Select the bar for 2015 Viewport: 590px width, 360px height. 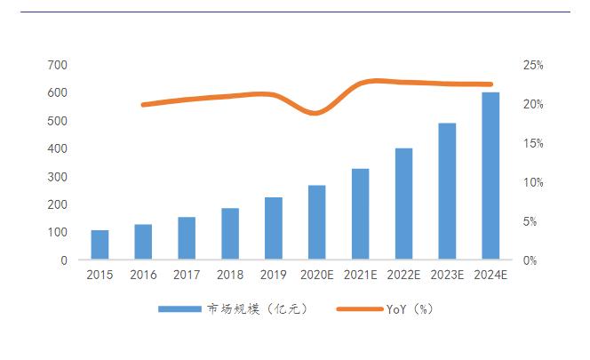(100, 245)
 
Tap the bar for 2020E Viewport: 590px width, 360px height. (317, 223)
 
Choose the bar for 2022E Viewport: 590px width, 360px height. (403, 204)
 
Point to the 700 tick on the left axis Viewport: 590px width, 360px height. (57, 65)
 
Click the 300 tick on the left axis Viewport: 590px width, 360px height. (57, 177)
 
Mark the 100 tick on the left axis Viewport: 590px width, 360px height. (57, 232)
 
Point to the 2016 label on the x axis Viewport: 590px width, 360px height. (143, 276)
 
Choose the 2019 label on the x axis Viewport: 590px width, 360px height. (274, 276)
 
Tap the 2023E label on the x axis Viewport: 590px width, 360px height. (447, 276)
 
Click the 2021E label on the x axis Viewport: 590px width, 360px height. (360, 276)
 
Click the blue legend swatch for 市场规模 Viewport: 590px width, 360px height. (180, 309)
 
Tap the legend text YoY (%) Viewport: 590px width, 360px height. (410, 309)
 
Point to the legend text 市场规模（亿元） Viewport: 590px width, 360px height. (256, 309)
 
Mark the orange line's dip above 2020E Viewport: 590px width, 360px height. (317, 113)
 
